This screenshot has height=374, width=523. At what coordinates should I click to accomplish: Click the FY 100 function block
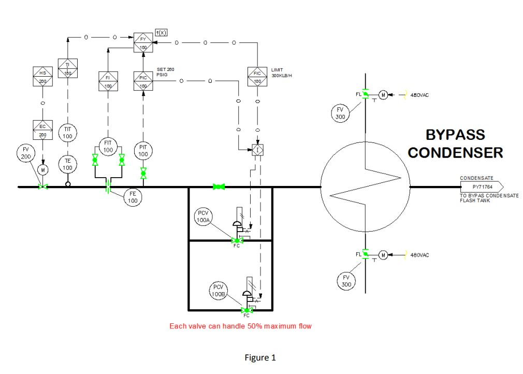click(143, 42)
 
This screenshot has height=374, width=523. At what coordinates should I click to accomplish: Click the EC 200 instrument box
click(42, 131)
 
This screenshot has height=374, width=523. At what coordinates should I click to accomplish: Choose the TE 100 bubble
click(67, 165)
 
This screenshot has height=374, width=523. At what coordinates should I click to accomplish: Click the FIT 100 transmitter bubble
click(108, 146)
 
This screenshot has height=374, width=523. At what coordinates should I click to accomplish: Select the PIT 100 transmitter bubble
click(143, 151)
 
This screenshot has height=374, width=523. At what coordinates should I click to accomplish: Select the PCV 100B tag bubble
click(218, 291)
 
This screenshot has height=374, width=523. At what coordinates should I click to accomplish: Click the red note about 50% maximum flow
click(241, 326)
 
